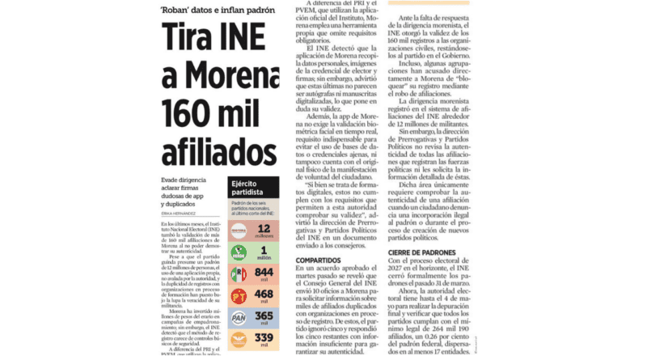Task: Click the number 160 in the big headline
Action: click(184, 111)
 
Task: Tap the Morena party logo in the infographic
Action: click(239, 231)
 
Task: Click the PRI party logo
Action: click(239, 275)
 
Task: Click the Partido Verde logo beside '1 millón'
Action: click(239, 253)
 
